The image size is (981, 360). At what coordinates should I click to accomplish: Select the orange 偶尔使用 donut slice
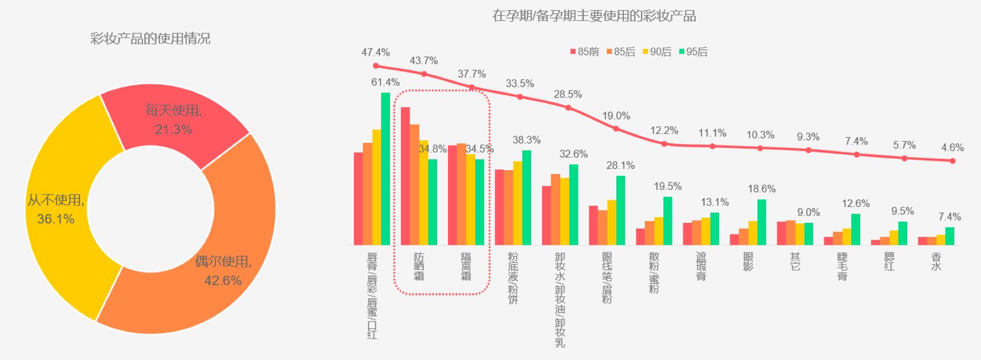pyautogui.click(x=227, y=249)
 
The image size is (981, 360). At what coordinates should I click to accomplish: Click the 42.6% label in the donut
pyautogui.click(x=223, y=281)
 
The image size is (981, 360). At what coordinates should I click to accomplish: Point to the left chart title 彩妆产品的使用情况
pyautogui.click(x=150, y=39)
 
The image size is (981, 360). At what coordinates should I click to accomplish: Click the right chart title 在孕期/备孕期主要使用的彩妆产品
pyautogui.click(x=594, y=16)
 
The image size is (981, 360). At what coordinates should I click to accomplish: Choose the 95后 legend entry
pyautogui.click(x=693, y=52)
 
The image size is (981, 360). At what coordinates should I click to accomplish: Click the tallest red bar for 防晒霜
pyautogui.click(x=405, y=176)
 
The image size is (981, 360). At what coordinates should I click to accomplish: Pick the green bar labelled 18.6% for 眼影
pyautogui.click(x=762, y=222)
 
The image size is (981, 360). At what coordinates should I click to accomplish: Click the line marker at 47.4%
pyautogui.click(x=376, y=66)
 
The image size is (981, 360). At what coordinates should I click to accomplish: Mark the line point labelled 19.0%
pyautogui.click(x=616, y=129)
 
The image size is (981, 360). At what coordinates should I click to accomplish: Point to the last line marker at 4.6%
pyautogui.click(x=953, y=161)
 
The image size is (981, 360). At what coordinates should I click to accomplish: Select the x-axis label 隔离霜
pyautogui.click(x=466, y=266)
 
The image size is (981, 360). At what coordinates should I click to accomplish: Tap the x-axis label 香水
pyautogui.click(x=936, y=261)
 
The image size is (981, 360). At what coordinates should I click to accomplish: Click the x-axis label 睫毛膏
pyautogui.click(x=842, y=266)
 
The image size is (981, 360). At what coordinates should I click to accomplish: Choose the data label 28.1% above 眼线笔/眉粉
pyautogui.click(x=620, y=166)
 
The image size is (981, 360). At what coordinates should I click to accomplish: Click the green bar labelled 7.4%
pyautogui.click(x=950, y=236)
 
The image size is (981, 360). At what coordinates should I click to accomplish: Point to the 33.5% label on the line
pyautogui.click(x=520, y=83)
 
